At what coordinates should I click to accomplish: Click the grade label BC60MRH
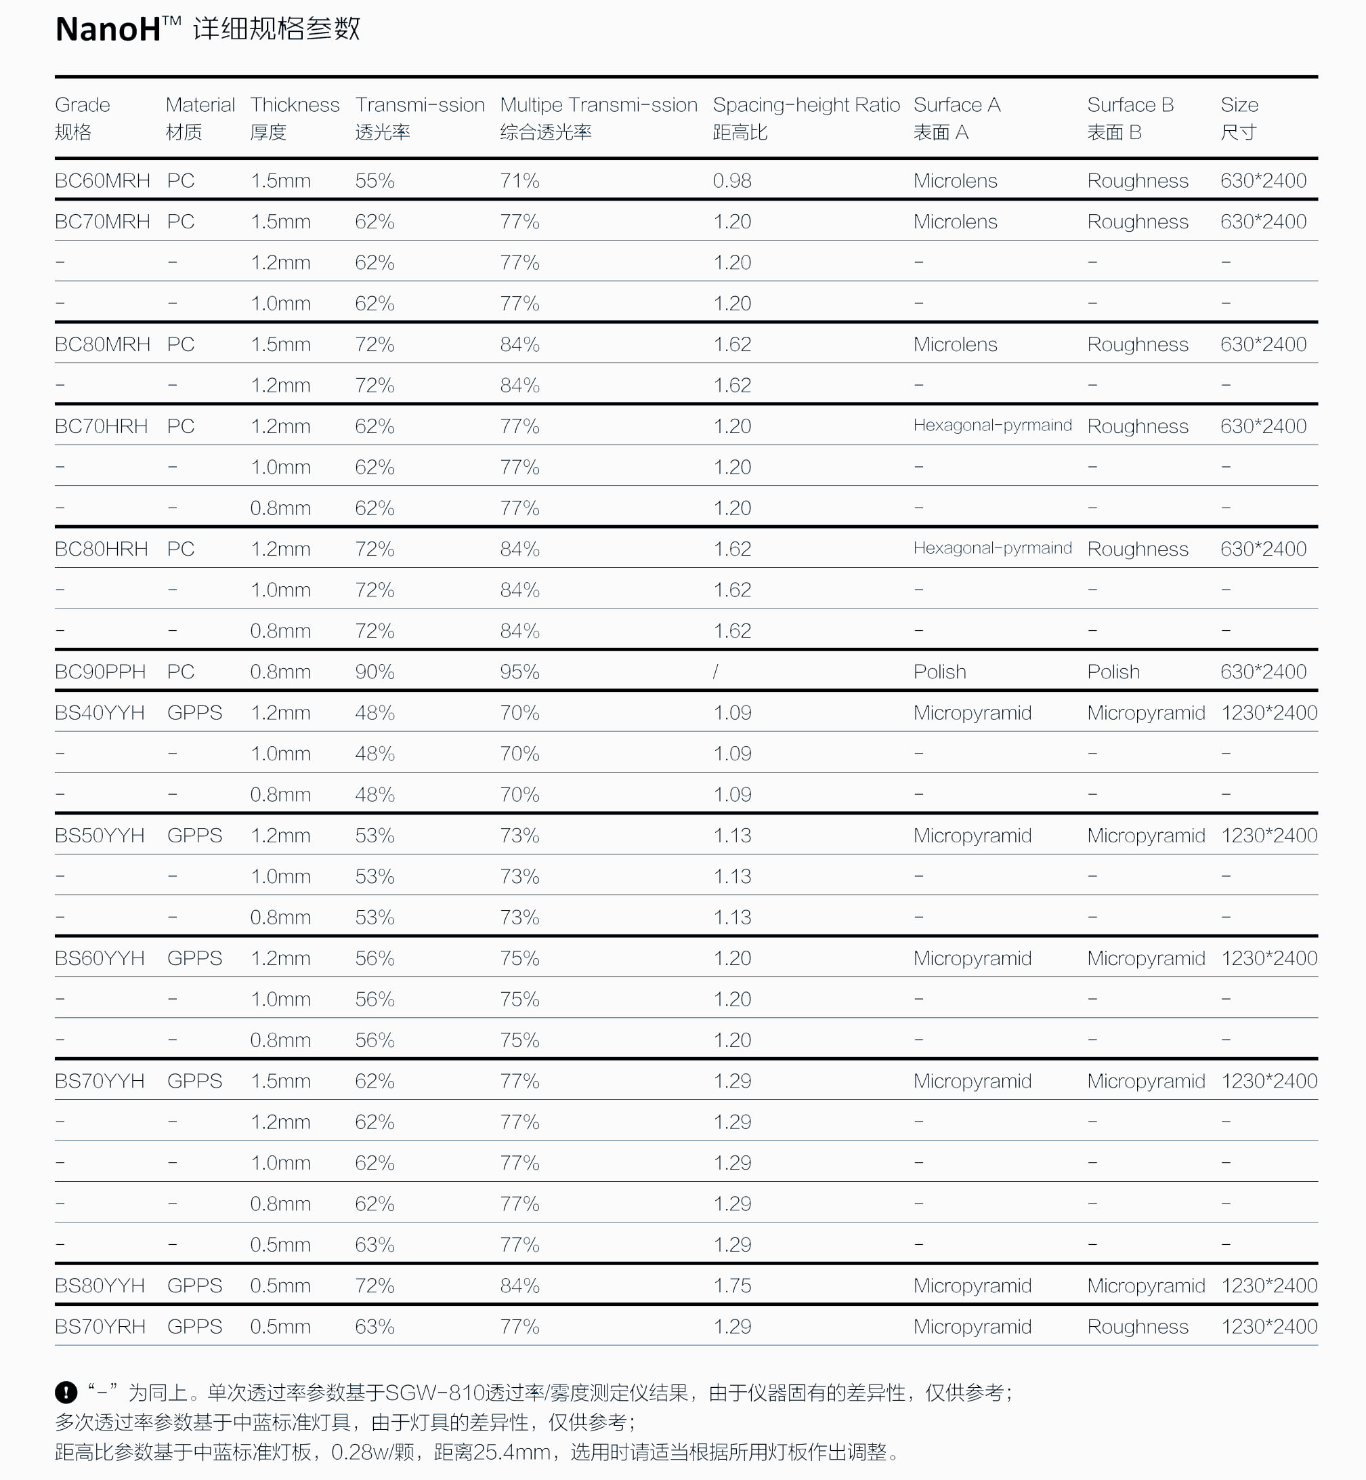(102, 181)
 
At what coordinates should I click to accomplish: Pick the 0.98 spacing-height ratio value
(732, 181)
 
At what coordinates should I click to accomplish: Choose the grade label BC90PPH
(100, 672)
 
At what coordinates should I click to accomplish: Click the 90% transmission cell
(374, 672)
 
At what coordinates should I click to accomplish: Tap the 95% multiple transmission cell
(519, 672)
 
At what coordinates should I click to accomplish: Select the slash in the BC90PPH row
(716, 672)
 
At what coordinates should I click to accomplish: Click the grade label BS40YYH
(99, 713)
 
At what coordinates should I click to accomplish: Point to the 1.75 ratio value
(732, 1286)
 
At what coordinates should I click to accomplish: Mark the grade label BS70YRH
(100, 1327)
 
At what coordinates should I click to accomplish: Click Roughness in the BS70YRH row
(1137, 1327)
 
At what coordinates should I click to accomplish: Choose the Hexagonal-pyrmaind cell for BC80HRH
(992, 549)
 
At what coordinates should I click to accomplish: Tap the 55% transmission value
(374, 181)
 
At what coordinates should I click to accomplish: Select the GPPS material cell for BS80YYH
(194, 1286)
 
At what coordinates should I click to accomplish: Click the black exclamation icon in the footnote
(66, 1393)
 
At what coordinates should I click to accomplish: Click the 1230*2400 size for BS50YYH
(1268, 836)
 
